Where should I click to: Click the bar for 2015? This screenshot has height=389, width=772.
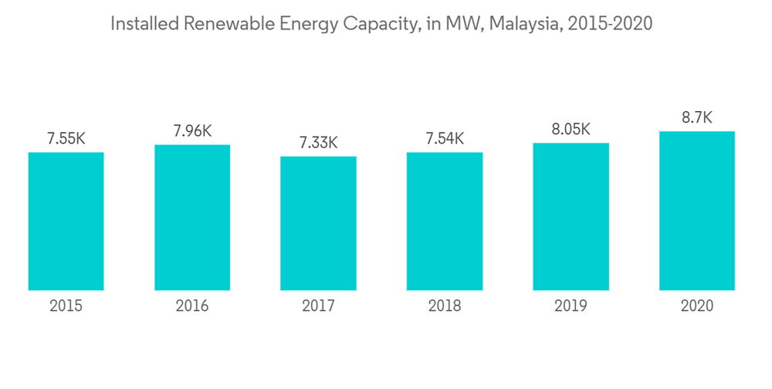pos(66,221)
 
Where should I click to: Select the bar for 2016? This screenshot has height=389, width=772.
pos(192,217)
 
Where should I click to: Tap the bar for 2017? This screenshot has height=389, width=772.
pos(318,223)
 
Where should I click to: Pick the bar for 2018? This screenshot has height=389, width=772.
pos(445,221)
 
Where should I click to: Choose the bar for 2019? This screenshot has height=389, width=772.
pos(571,216)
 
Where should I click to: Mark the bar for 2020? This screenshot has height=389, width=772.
pos(696,211)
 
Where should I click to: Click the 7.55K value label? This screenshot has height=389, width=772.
pos(66,139)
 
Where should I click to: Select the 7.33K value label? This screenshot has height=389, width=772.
pos(318,143)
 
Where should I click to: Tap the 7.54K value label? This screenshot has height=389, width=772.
pos(445,139)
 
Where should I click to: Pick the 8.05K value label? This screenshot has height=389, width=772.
pos(571,129)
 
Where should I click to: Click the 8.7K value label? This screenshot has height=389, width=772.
pos(696,118)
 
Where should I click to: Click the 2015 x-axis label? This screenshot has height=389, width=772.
pos(66,306)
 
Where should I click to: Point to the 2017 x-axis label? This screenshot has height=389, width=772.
pos(318,306)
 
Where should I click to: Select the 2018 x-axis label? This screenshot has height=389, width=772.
pos(445,306)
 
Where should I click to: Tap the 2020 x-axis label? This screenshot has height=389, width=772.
pos(696,306)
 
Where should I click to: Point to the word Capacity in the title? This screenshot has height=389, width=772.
pos(378,24)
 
